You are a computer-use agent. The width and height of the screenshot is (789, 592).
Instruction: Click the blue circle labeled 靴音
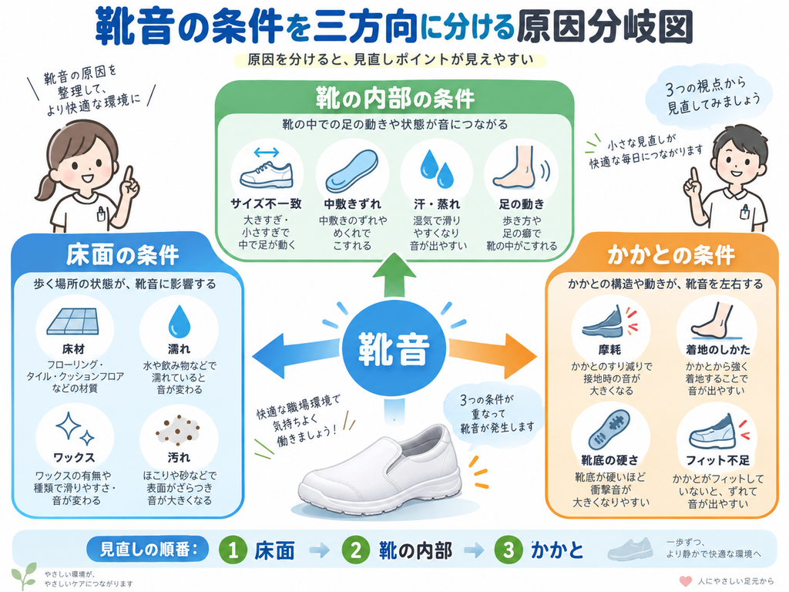click(394, 349)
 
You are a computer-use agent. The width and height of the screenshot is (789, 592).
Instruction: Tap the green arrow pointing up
click(394, 274)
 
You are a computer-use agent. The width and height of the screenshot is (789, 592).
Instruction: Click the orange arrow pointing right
click(492, 355)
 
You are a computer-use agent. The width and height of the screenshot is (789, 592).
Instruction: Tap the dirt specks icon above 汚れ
click(178, 430)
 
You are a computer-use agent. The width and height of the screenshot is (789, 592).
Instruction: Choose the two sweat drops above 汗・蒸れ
click(437, 168)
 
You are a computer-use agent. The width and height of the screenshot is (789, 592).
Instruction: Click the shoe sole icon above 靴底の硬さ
click(609, 430)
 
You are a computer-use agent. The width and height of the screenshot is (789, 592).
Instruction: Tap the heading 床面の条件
click(123, 255)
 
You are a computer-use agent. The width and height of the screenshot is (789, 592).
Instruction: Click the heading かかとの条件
click(671, 255)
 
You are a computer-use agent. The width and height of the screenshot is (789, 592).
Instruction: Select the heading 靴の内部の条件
click(395, 98)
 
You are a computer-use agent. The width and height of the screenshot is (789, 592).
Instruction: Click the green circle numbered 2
click(356, 550)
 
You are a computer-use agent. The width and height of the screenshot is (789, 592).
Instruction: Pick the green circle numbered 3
click(509, 550)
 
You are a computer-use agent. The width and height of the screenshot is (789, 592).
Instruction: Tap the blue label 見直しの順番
click(148, 549)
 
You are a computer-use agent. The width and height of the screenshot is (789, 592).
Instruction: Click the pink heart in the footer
click(686, 581)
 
